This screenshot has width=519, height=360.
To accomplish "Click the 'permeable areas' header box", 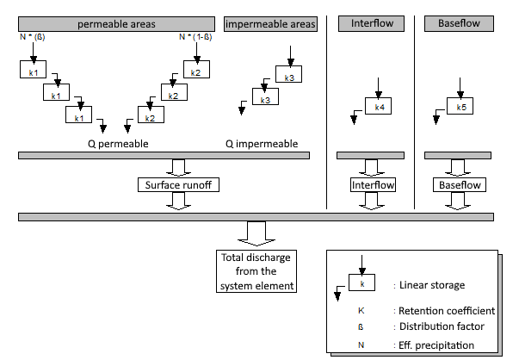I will [x=116, y=23].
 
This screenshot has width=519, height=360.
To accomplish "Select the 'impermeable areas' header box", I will [x=269, y=23].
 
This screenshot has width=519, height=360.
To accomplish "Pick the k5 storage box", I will [x=461, y=107].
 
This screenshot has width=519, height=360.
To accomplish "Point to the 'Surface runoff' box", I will [x=179, y=184].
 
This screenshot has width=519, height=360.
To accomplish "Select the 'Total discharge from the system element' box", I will [x=257, y=270].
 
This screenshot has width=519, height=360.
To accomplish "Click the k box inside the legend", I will [x=362, y=282].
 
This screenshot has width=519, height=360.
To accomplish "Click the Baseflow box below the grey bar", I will [x=456, y=184].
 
